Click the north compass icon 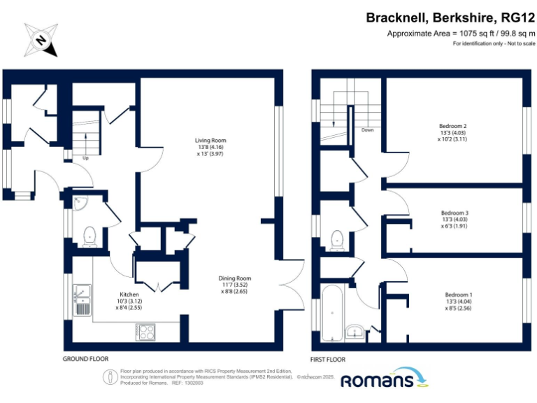[41, 40]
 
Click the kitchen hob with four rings [146, 332]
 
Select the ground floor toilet [89, 237]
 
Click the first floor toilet [337, 239]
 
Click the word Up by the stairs [85, 158]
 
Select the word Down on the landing [367, 130]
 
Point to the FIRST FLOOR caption [328, 359]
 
